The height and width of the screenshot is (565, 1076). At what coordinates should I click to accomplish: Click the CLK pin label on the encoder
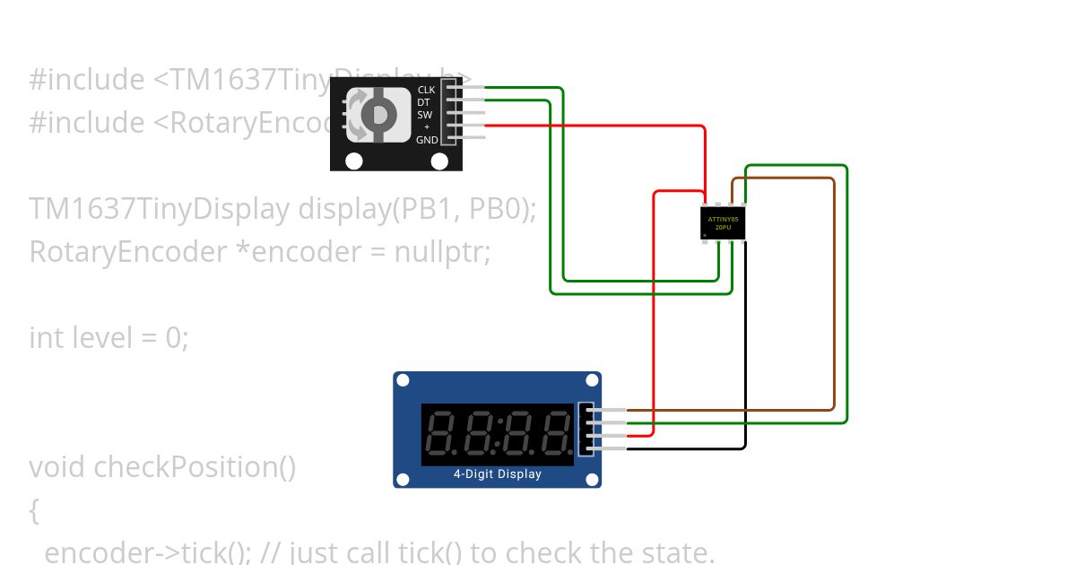(x=426, y=90)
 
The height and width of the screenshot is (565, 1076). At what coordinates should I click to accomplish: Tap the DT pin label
(x=423, y=102)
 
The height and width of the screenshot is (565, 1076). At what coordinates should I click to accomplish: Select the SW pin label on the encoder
(x=425, y=115)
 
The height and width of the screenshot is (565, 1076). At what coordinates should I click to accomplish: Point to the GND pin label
(x=427, y=140)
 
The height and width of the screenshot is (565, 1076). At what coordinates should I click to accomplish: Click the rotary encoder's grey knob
(x=379, y=115)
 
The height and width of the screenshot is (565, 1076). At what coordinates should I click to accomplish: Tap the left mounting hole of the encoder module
(x=354, y=161)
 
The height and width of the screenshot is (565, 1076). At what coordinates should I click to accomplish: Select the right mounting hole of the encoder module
(x=439, y=161)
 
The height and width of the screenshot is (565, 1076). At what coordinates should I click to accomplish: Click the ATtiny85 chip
(x=723, y=222)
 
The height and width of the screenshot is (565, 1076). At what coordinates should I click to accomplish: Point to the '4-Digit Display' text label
(x=497, y=474)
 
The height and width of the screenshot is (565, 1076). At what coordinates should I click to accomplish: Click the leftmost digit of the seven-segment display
(x=441, y=433)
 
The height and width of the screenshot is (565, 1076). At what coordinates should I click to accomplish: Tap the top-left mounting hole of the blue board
(x=403, y=380)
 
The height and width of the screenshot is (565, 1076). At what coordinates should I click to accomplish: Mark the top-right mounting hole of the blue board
(x=592, y=380)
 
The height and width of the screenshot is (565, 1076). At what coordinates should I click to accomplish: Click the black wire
(x=744, y=359)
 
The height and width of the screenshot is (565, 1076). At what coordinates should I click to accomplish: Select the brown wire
(x=834, y=296)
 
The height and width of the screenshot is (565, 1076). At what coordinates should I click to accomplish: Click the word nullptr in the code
(x=442, y=252)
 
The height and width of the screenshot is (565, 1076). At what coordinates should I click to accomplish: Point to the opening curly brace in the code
(x=34, y=511)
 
